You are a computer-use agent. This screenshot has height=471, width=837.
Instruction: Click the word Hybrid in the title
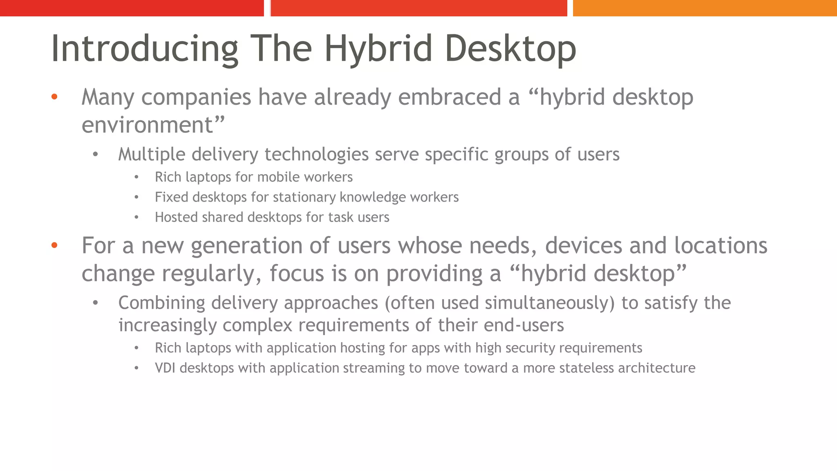tap(378, 49)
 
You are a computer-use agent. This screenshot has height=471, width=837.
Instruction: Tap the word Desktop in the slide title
tap(510, 49)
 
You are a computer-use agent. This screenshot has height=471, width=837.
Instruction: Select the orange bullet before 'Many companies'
tap(54, 97)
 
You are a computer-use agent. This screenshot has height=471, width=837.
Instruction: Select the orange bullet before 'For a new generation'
tap(54, 246)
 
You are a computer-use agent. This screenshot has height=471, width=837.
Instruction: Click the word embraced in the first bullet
tap(450, 97)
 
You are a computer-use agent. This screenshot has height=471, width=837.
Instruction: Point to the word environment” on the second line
tap(153, 125)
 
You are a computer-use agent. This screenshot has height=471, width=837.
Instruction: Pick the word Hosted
tap(176, 217)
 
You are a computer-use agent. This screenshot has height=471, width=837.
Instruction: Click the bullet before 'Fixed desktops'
tap(137, 197)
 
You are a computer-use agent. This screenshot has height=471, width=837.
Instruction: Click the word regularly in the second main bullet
tap(211, 274)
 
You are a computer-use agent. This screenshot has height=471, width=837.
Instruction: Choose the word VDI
tap(166, 368)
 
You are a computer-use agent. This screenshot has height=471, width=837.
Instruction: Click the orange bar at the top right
tap(705, 8)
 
